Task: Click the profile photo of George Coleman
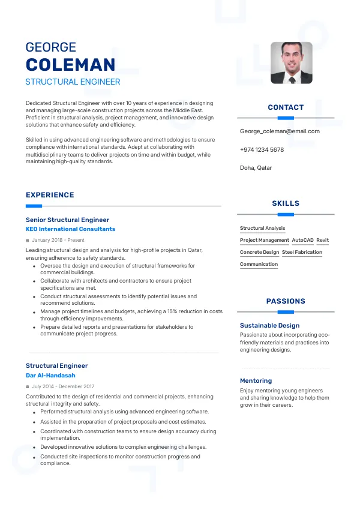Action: pyautogui.click(x=291, y=62)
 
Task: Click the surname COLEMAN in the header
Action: pyautogui.click(x=70, y=65)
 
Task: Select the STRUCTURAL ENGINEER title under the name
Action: pyautogui.click(x=73, y=82)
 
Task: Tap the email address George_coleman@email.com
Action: pyautogui.click(x=280, y=131)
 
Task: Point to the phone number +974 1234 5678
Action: pyautogui.click(x=262, y=150)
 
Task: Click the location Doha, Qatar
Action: pyautogui.click(x=256, y=168)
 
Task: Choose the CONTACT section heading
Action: pyautogui.click(x=286, y=107)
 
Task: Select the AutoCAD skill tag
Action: pyautogui.click(x=302, y=241)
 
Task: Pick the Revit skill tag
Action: pyautogui.click(x=323, y=241)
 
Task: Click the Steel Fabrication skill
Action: pyautogui.click(x=302, y=253)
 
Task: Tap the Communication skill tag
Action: pyautogui.click(x=259, y=265)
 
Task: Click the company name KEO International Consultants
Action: pyautogui.click(x=70, y=229)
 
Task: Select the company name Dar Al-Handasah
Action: pyautogui.click(x=50, y=376)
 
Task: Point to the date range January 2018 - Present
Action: pyautogui.click(x=59, y=240)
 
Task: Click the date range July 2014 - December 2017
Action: pyautogui.click(x=63, y=387)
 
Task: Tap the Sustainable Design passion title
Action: pyautogui.click(x=269, y=326)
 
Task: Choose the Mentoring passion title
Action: pyautogui.click(x=256, y=381)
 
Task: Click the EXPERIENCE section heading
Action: pyautogui.click(x=50, y=195)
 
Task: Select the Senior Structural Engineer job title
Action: pyautogui.click(x=67, y=220)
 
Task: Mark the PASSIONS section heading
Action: pyautogui.click(x=286, y=301)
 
